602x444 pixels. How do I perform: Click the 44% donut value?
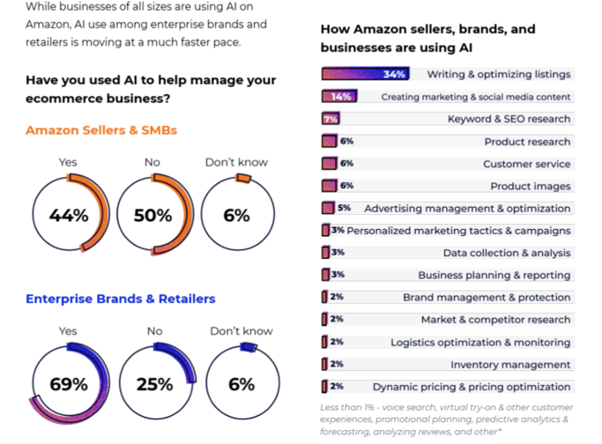tap(69, 216)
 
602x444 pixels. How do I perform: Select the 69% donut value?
tap(69, 384)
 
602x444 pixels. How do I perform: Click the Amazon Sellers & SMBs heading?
tap(101, 130)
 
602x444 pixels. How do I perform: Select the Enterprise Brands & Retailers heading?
tap(120, 299)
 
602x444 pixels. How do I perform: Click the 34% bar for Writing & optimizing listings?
tap(364, 75)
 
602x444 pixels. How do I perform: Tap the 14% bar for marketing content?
tap(338, 97)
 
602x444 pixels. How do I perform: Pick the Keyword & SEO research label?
tap(509, 119)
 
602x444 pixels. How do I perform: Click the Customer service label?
tap(526, 164)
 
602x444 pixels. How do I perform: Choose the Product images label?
tap(530, 186)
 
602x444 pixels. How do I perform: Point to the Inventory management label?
tap(510, 365)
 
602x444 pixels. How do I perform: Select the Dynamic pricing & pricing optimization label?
tap(472, 387)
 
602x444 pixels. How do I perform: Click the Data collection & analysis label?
tap(507, 253)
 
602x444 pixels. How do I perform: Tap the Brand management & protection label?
tap(487, 298)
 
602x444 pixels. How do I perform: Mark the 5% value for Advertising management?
tap(344, 209)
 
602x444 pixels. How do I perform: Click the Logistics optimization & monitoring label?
tap(480, 342)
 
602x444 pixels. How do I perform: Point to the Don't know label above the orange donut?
tap(236, 162)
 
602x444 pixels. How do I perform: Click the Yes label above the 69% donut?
tap(68, 331)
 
